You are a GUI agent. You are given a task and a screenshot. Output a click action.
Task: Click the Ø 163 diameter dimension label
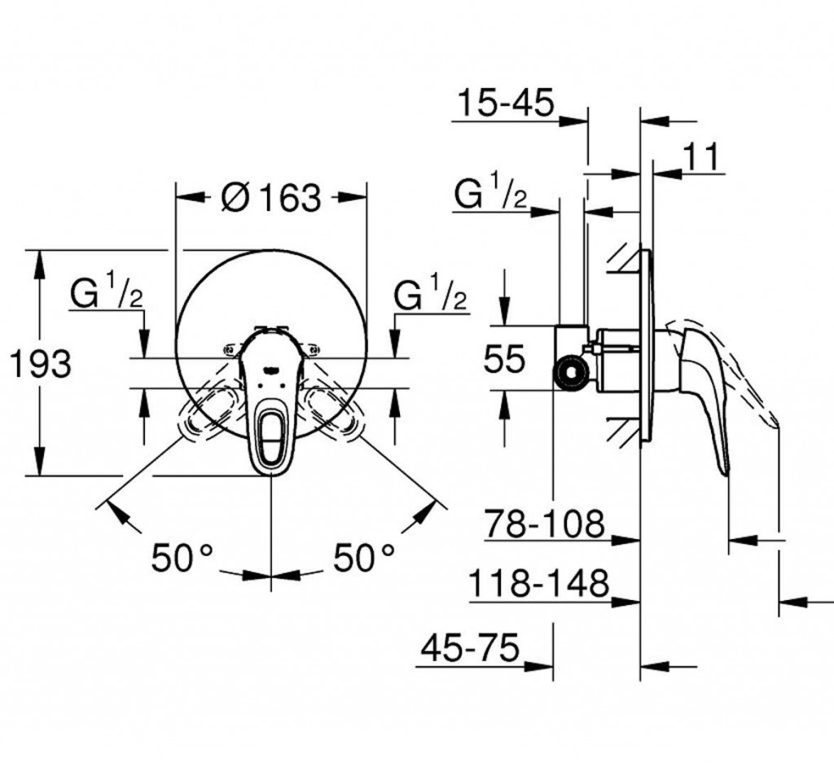point(270,196)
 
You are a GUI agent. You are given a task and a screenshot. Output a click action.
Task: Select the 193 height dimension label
point(42,364)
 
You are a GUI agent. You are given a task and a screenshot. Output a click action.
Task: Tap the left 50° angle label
point(182,558)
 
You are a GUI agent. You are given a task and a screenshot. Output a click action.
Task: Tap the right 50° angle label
point(364,558)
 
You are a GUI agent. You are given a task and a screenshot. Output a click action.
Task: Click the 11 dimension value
point(700,157)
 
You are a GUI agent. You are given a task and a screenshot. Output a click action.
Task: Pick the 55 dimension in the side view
point(504,358)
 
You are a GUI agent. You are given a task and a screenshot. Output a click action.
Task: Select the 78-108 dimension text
point(545,524)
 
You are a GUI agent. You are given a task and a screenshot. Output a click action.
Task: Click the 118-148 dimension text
point(539,584)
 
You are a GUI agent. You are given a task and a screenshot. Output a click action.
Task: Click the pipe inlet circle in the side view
point(571,373)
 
